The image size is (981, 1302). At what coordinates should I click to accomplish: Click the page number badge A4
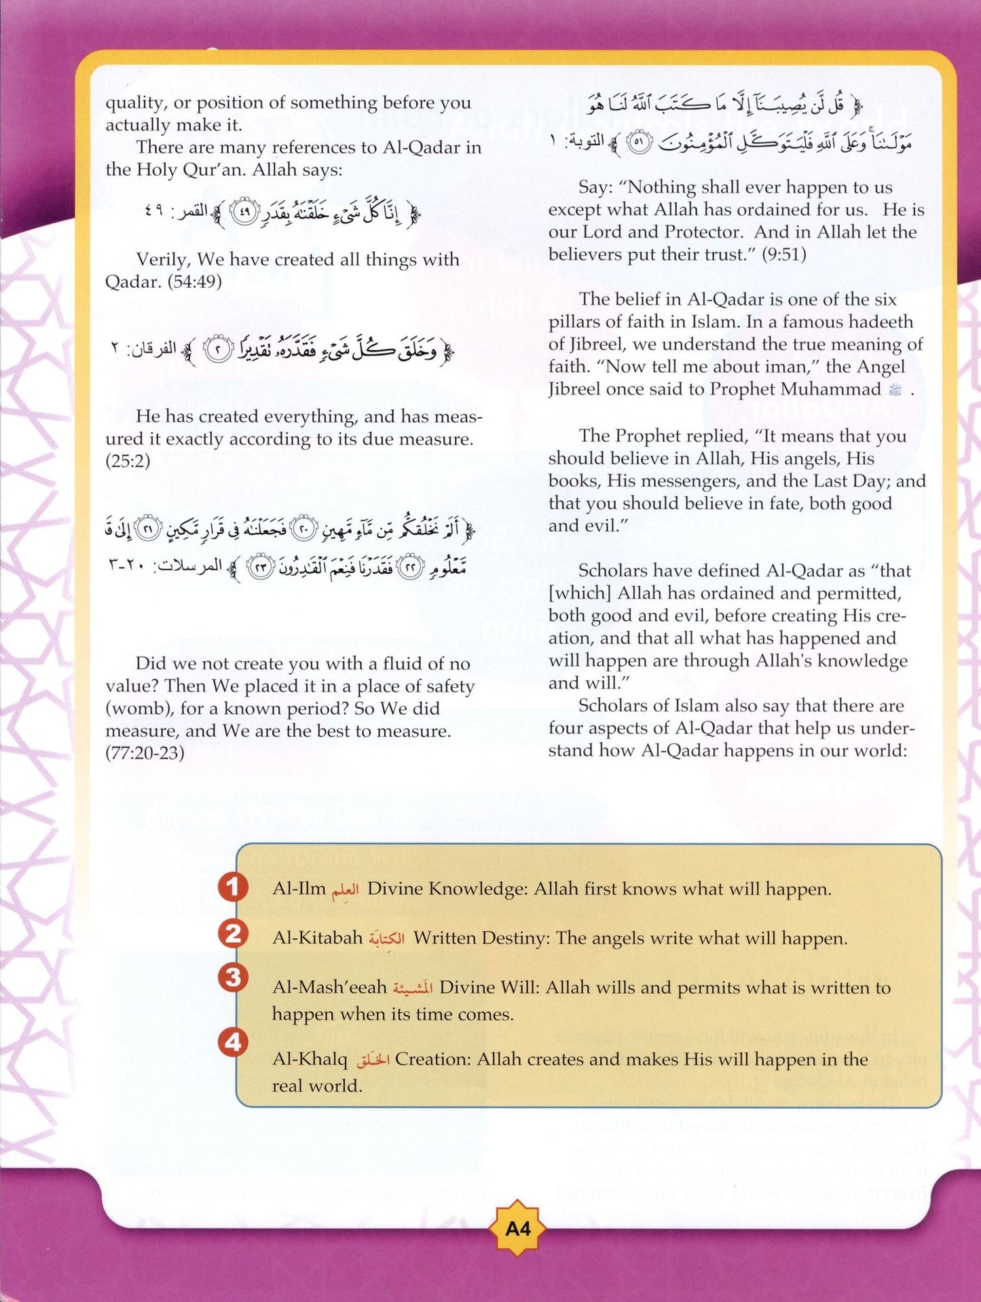518,1229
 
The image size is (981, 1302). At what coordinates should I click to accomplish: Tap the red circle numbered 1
233,887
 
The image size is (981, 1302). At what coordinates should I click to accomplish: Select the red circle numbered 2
233,934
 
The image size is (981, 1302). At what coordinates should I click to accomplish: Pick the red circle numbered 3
233,978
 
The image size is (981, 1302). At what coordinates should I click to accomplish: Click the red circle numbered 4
233,1042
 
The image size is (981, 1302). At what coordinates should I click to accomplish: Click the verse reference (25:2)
128,462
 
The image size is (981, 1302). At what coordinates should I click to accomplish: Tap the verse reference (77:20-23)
145,754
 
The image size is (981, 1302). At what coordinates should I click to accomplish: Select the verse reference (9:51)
783,255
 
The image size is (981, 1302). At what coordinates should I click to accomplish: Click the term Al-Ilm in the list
299,889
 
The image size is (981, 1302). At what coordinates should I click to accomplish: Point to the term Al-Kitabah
317,938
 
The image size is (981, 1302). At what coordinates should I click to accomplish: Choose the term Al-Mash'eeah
329,988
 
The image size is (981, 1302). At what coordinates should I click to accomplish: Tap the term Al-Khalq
309,1060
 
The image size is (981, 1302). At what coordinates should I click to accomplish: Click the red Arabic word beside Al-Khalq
373,1060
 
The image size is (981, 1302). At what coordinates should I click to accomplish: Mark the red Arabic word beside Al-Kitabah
388,938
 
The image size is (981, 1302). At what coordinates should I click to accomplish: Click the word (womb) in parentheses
138,709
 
